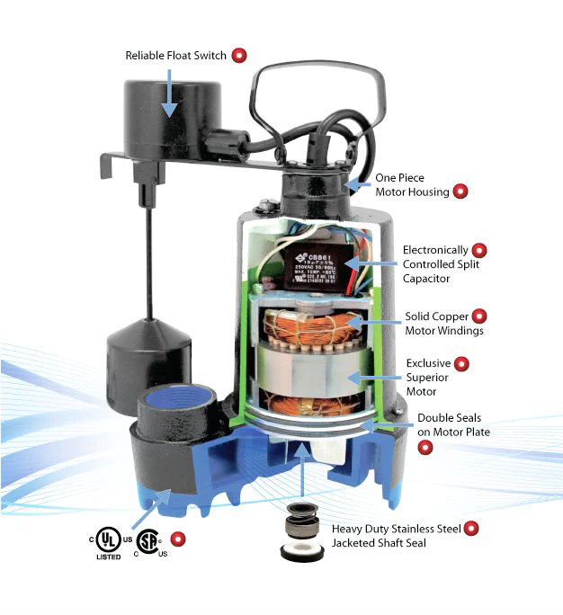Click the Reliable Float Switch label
click(x=174, y=55)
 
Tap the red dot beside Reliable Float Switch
click(x=239, y=55)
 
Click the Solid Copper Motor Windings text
click(x=443, y=323)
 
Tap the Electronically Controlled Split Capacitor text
click(x=435, y=263)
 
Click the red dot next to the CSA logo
click(x=177, y=539)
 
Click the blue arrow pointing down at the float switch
click(x=168, y=95)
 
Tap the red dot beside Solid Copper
click(x=479, y=316)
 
